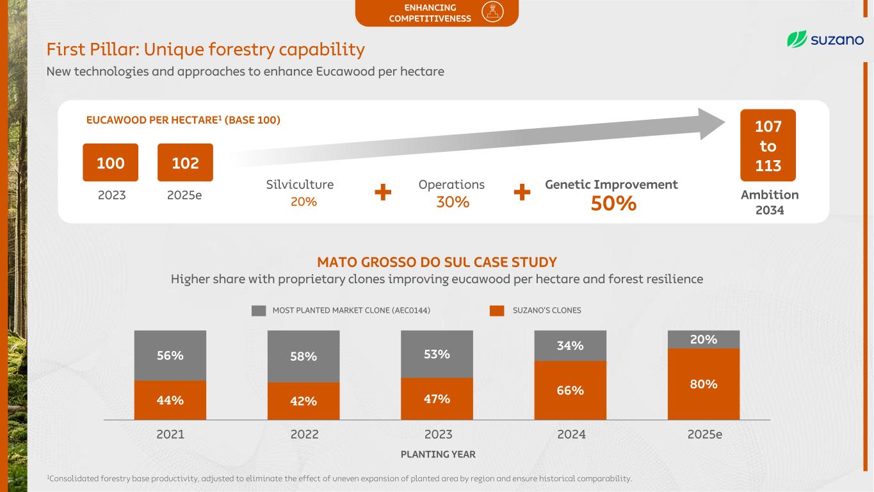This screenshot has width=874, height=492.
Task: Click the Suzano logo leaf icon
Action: pyautogui.click(x=797, y=39)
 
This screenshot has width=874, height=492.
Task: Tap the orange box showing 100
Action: pyautogui.click(x=110, y=163)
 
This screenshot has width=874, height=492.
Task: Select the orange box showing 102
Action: pyautogui.click(x=185, y=163)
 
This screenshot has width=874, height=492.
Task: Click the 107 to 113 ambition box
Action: pyautogui.click(x=768, y=145)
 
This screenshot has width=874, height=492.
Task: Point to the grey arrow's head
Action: pyautogui.click(x=711, y=124)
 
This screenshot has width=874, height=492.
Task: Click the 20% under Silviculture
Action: pyautogui.click(x=303, y=202)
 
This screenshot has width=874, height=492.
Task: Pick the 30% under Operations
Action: pyautogui.click(x=453, y=202)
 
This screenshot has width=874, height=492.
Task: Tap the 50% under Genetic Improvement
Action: pyautogui.click(x=613, y=204)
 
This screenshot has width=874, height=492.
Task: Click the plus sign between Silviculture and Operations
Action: pyautogui.click(x=383, y=192)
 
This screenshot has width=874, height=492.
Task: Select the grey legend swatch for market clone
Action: pyautogui.click(x=259, y=311)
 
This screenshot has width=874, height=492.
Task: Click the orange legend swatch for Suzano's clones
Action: pyautogui.click(x=497, y=311)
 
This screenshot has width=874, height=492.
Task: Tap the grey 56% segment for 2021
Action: pyautogui.click(x=170, y=356)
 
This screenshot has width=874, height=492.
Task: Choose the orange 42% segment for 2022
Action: pyautogui.click(x=303, y=401)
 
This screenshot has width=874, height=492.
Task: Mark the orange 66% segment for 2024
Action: pyautogui.click(x=570, y=390)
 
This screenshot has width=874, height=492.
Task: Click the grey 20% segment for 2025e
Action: pyautogui.click(x=704, y=340)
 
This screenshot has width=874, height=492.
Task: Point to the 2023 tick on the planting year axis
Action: pyautogui.click(x=438, y=434)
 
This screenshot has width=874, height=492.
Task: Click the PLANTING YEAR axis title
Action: pyautogui.click(x=438, y=454)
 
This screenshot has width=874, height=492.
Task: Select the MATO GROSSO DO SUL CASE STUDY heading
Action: pyautogui.click(x=437, y=262)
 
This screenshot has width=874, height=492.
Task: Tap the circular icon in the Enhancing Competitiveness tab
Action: pyautogui.click(x=492, y=12)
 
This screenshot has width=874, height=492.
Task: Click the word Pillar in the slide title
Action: pyautogui.click(x=115, y=49)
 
